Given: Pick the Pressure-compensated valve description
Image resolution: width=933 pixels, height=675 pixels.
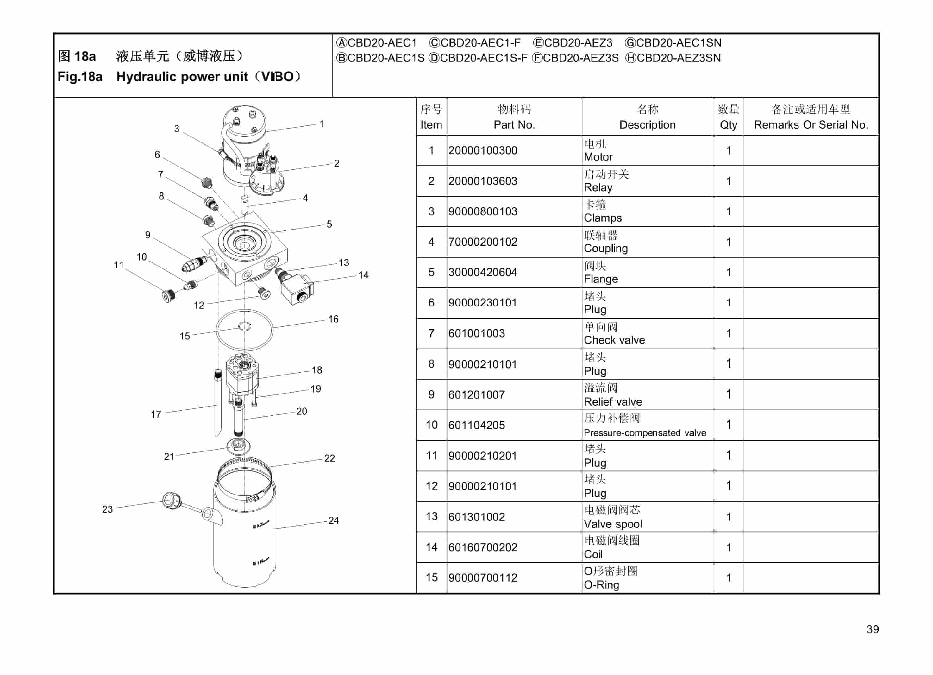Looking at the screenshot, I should (645, 432).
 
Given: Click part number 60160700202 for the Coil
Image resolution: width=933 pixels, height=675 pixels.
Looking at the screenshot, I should (483, 547).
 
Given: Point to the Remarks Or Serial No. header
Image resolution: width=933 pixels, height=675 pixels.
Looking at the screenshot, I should (811, 125).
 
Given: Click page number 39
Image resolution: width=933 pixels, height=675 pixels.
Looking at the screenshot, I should (872, 629).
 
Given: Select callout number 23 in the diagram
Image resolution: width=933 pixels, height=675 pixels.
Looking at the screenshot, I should (107, 509).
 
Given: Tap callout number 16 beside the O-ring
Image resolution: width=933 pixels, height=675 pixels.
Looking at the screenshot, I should (333, 319).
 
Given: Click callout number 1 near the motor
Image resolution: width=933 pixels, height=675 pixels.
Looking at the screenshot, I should (322, 123).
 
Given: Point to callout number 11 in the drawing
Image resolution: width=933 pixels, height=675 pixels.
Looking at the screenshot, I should (119, 265).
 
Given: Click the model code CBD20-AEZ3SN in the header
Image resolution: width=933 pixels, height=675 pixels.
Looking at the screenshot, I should (678, 58).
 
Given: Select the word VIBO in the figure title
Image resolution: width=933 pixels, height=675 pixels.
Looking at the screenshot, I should (278, 77).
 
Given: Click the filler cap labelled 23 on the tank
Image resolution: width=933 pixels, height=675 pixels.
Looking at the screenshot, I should (171, 500).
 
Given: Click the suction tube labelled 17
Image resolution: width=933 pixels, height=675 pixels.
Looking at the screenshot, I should (218, 403).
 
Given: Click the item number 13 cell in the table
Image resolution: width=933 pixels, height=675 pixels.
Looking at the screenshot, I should (431, 517).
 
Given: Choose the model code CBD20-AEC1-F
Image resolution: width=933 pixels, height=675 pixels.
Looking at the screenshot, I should (480, 43).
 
